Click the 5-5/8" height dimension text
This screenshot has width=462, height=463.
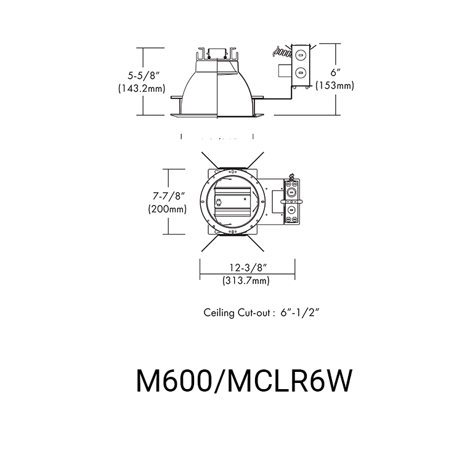(x=144, y=75)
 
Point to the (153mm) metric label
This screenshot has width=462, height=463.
(x=334, y=86)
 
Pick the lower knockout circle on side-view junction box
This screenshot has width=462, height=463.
(x=301, y=73)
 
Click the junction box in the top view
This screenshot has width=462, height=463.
(x=292, y=200)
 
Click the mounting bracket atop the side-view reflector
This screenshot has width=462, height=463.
(x=217, y=54)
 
